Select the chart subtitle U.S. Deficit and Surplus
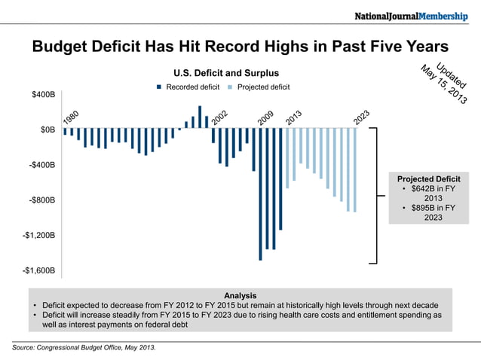coord(216,73)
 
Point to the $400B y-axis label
coord(42,95)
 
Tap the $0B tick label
coord(47,130)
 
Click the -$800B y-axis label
coord(41,200)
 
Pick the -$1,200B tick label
coord(38,236)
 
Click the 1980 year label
coord(72,117)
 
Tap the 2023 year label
coord(361,117)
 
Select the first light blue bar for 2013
coord(287,157)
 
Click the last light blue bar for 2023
coord(354,169)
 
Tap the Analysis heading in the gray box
coord(240,295)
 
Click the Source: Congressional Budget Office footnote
coord(84,347)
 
